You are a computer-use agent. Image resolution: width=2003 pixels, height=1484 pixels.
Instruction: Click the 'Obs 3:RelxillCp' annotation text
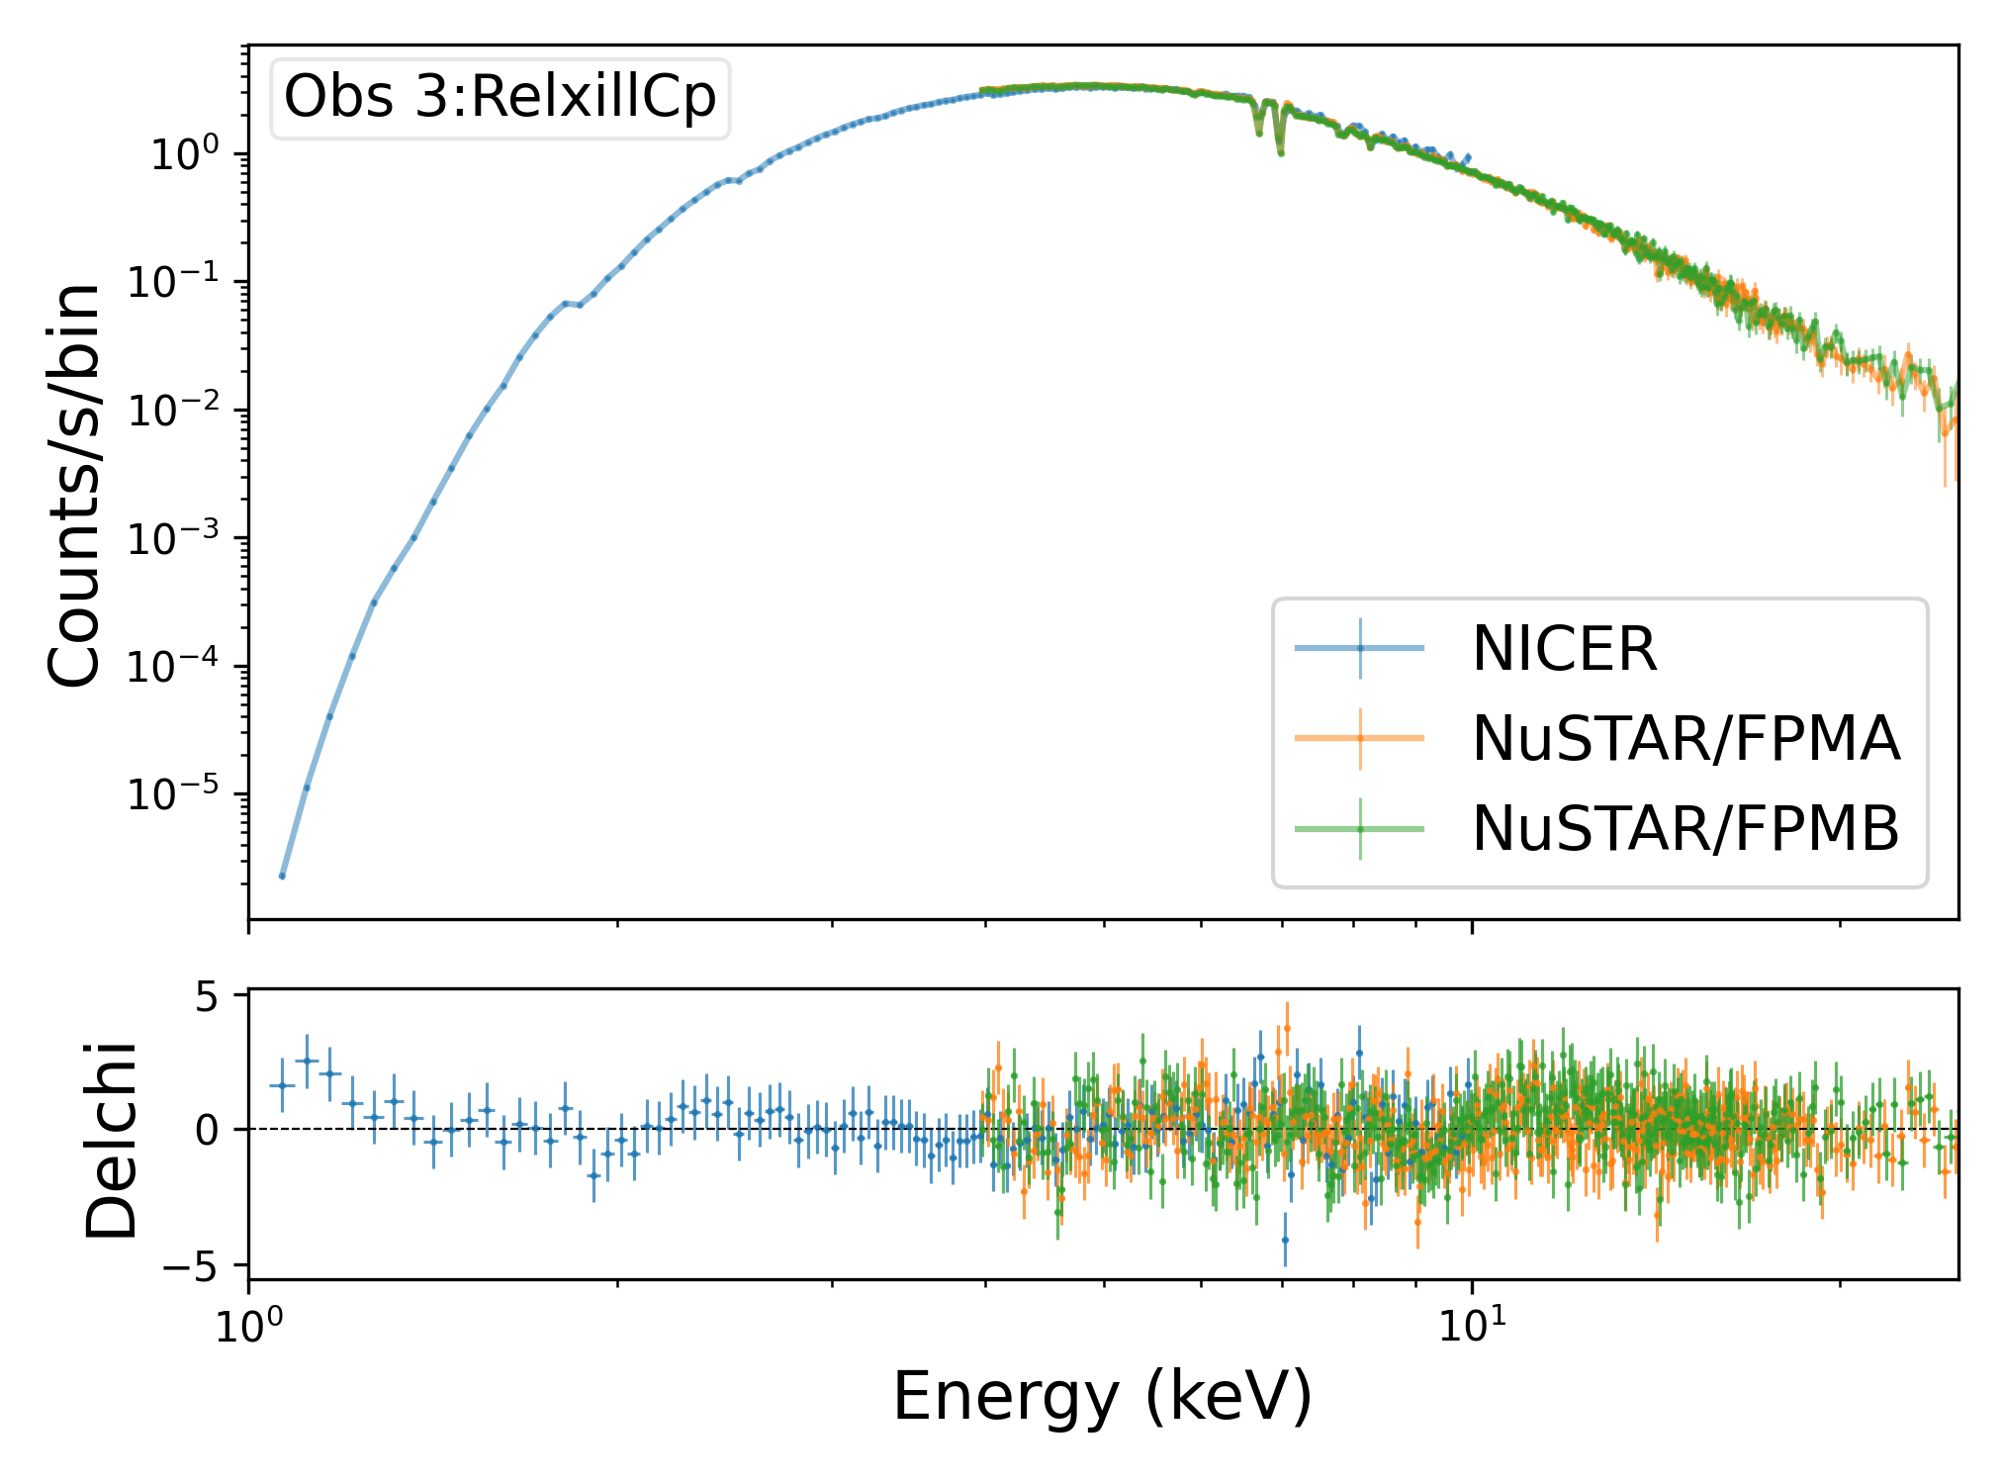500,97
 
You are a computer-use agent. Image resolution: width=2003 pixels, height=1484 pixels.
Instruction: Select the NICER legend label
1564,649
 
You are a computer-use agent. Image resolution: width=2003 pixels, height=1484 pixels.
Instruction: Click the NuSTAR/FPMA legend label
1685,738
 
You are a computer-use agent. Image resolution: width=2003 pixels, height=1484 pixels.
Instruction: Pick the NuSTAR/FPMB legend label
1685,828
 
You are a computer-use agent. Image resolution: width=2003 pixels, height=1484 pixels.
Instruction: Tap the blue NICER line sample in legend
1360,649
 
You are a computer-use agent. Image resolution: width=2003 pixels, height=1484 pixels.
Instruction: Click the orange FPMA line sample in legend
1360,738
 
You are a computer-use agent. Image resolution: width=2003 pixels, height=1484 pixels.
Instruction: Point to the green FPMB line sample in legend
1360,828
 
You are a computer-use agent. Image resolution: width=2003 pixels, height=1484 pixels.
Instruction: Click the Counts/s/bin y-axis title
74,485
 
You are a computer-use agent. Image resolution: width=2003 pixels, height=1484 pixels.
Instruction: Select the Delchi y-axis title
111,1139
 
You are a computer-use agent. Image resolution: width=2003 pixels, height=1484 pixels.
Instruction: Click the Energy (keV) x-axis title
1103,1396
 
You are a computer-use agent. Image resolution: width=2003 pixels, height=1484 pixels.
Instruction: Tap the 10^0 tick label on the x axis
247,1324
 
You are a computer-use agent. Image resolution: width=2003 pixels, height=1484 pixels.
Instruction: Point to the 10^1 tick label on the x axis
1472,1324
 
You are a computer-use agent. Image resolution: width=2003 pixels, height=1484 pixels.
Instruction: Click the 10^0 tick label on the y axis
194,154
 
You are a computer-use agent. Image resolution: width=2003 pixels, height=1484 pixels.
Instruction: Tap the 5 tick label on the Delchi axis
206,995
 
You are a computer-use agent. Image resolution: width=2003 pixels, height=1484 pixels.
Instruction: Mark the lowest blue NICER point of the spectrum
282,876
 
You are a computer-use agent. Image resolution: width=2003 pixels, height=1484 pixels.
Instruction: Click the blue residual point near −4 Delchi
1285,1240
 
